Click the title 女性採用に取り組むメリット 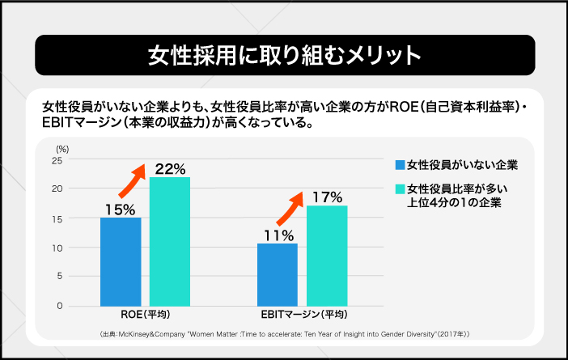point(284,55)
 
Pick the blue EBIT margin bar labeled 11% point(278,274)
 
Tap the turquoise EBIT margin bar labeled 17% point(327,256)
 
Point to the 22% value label point(170,169)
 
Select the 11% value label point(278,235)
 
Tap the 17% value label point(327,197)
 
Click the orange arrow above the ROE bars point(131,180)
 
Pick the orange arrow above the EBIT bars point(289,210)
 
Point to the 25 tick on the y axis point(57,160)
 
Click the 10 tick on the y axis point(57,248)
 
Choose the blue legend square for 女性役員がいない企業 point(399,165)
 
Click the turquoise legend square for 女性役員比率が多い point(399,189)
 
